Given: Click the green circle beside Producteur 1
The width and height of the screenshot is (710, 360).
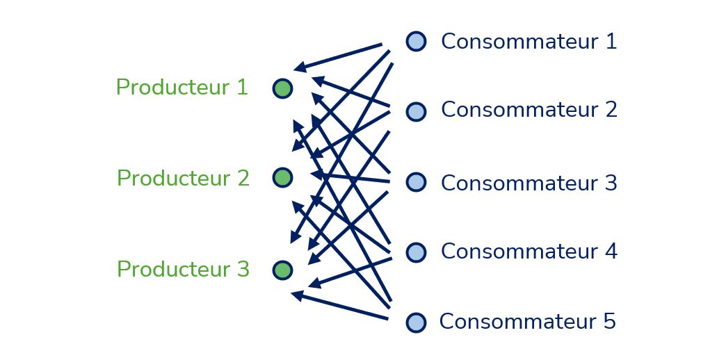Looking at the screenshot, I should point(282,88).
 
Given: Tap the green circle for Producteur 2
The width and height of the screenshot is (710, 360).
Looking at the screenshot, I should point(282,177).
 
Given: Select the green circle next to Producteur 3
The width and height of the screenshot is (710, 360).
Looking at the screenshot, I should point(282,270).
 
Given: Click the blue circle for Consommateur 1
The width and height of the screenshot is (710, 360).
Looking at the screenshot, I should point(416,41).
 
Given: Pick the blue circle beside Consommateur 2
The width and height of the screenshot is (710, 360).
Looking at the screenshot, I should point(416,111).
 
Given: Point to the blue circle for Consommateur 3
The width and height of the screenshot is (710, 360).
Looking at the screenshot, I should point(416,182).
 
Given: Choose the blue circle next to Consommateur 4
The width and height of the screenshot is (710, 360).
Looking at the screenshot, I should point(416,252).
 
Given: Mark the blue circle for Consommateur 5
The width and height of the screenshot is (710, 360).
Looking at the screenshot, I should point(416,322).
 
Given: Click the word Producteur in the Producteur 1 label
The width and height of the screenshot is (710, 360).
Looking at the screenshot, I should point(173,88).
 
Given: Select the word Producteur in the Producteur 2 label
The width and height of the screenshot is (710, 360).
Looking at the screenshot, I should point(174,179).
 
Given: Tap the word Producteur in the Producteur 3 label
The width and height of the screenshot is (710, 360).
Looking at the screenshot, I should point(174,270).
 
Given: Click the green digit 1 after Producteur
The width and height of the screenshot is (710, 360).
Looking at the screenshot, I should point(243,88).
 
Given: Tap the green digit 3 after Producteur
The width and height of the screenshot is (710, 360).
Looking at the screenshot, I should point(243,270).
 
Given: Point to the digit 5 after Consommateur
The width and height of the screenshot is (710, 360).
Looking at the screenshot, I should point(609,322).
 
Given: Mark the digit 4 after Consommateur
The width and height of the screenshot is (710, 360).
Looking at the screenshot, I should point(611,252).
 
